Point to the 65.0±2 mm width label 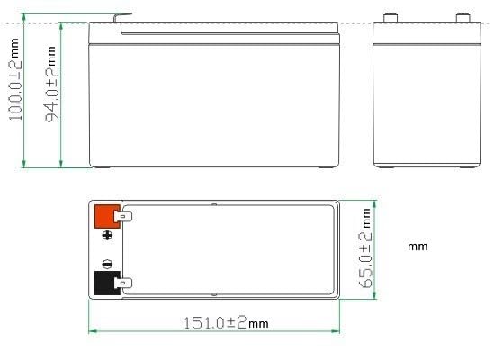(365, 249)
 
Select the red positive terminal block (106, 217)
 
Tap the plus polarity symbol (109, 237)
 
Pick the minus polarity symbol (108, 264)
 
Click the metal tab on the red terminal (125, 217)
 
